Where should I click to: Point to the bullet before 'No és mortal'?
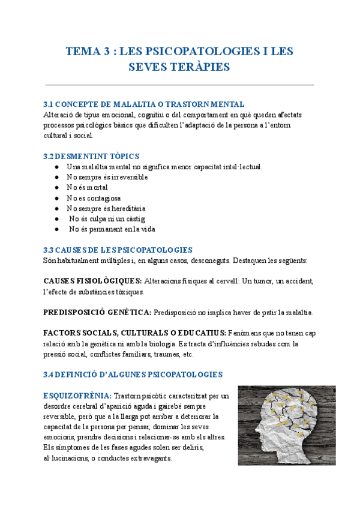coord(56,188)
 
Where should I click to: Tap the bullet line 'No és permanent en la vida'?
coord(112,229)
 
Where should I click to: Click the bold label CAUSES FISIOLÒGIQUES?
coord(93,280)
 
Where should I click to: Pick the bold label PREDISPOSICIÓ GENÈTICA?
coord(98,313)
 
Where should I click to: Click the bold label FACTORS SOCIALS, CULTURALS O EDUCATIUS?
coord(135,333)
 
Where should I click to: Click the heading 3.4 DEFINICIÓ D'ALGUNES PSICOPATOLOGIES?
coord(133,374)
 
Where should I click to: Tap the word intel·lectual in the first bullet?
coord(239,166)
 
